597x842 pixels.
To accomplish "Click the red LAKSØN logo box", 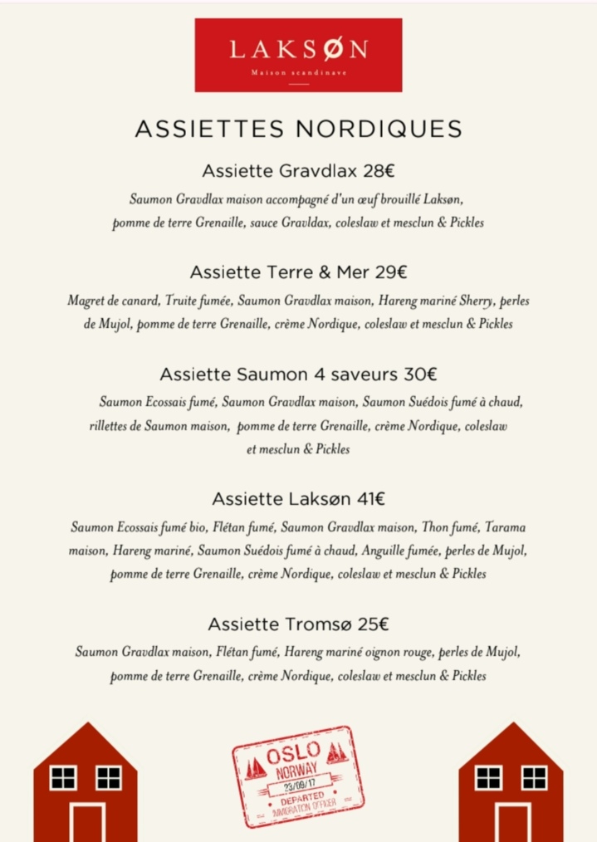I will click(x=298, y=54).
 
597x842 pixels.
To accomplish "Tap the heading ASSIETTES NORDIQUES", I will click(x=298, y=130).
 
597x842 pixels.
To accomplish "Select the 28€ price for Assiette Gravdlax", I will click(x=378, y=172).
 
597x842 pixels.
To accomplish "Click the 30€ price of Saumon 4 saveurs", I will click(x=421, y=374).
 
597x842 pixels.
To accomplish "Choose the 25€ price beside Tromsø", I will click(x=372, y=624).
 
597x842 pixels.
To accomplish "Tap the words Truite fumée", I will click(x=191, y=301).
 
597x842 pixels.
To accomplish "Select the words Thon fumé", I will click(x=450, y=527).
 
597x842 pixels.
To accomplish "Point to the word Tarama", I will click(x=505, y=527).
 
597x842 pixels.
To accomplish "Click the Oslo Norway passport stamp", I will click(x=298, y=776).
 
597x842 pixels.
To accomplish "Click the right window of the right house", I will click(x=534, y=777).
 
